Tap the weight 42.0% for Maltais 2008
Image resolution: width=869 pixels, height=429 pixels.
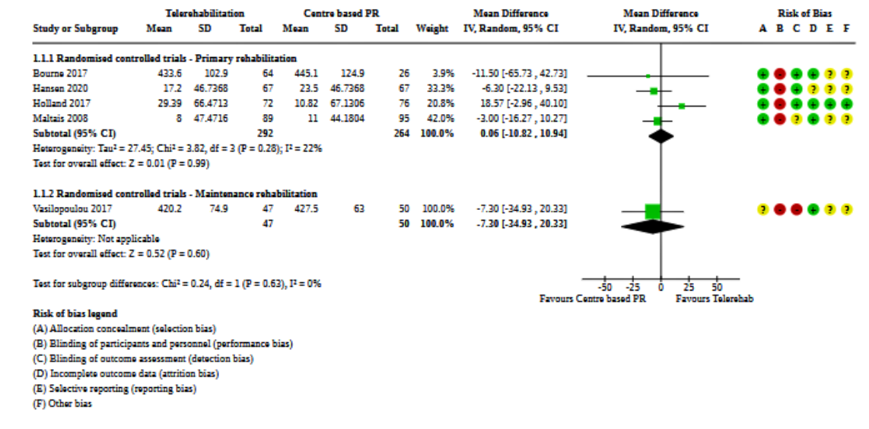[x=443, y=119]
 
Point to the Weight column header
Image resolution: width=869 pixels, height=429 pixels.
[x=431, y=29]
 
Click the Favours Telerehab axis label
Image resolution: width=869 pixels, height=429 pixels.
[x=715, y=299]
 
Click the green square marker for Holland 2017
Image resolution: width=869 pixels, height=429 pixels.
[x=682, y=106]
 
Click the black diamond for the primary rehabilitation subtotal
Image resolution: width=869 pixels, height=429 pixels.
[x=661, y=135]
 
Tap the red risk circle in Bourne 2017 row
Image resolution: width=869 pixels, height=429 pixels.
[x=778, y=75]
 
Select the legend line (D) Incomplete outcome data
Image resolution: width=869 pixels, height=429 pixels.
[x=126, y=373]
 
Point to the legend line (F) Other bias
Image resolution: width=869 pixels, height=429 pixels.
[x=62, y=404]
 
